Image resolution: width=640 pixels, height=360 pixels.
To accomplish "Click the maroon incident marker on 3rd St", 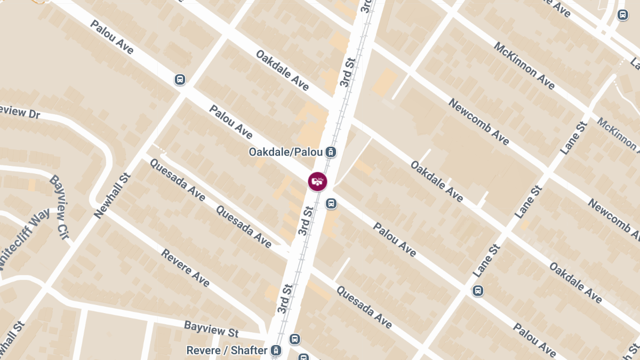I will pos(318,181).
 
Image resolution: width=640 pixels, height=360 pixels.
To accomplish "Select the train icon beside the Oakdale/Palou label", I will pos(331,152).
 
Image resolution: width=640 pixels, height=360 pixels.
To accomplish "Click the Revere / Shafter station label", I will pos(227,350).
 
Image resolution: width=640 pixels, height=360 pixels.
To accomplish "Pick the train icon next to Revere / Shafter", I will pos(276,350).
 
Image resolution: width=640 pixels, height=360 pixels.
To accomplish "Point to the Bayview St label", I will pos(211,329).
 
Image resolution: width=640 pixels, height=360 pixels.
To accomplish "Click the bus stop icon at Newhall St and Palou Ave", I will pos(180,80).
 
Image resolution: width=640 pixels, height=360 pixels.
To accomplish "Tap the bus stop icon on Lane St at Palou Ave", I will pos(478,291).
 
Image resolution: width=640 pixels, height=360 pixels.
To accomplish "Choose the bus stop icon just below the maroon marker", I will pos(331,203).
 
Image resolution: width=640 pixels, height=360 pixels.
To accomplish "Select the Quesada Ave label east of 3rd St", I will pos(364,307).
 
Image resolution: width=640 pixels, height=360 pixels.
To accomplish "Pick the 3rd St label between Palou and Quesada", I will pos(304,218).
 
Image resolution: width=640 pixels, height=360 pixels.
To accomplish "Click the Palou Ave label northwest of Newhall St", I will pos(111,37).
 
